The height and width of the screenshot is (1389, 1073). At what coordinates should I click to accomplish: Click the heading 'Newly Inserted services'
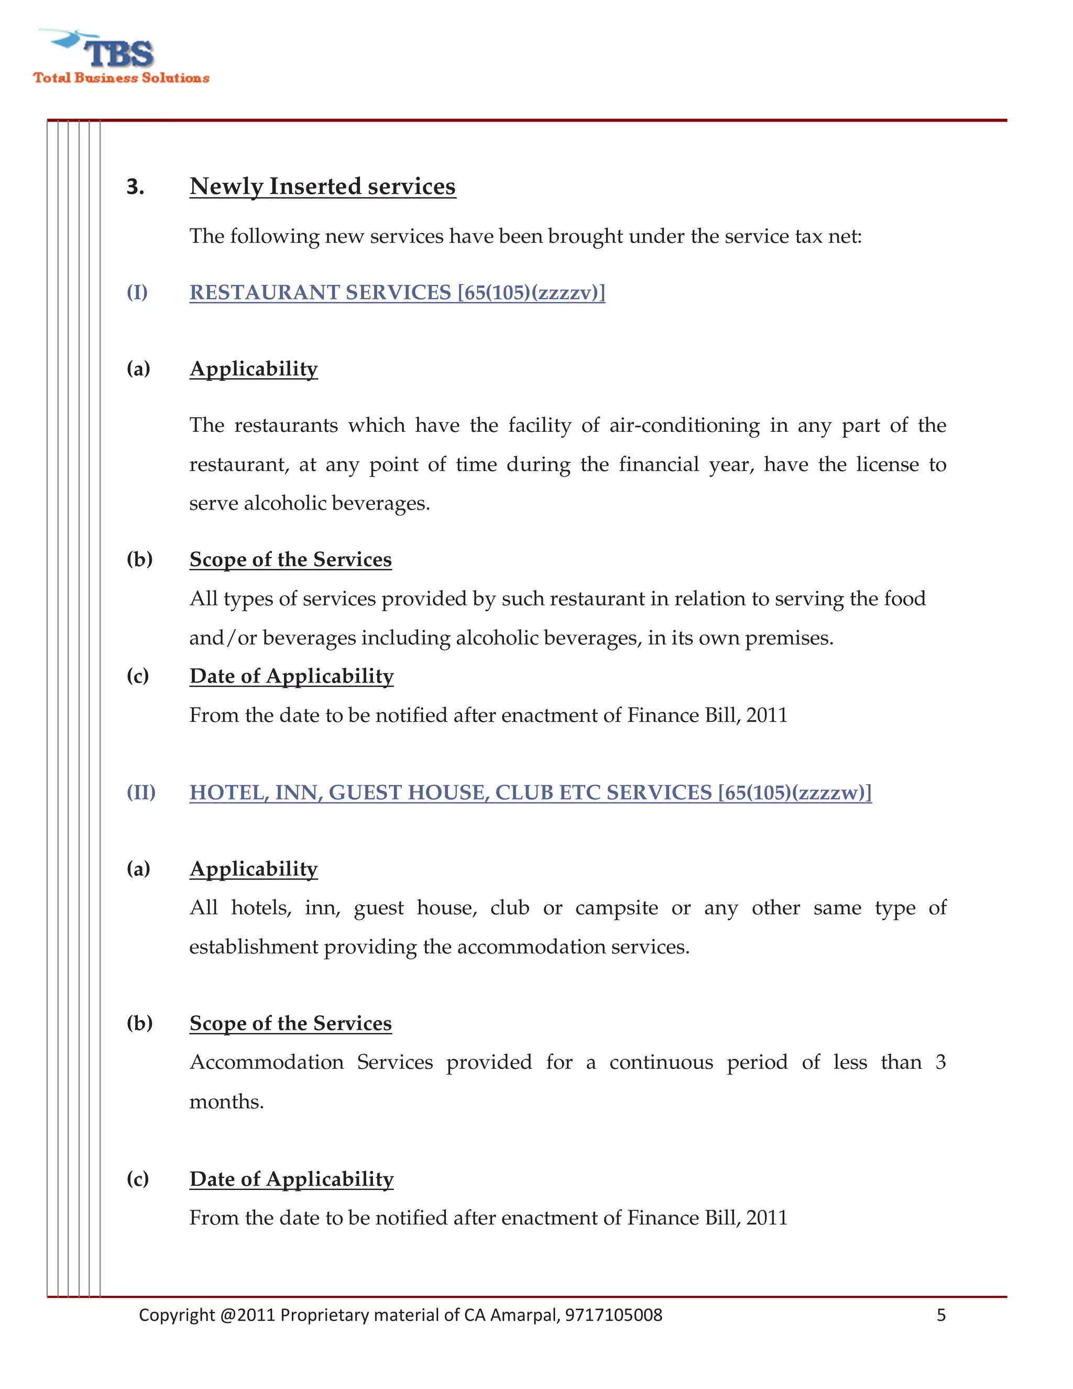tap(322, 187)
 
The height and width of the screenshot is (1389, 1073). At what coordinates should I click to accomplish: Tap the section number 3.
tap(135, 187)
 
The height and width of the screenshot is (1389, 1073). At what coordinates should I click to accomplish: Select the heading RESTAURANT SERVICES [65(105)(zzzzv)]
tap(397, 292)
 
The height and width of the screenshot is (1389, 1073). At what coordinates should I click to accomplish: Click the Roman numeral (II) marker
tap(140, 793)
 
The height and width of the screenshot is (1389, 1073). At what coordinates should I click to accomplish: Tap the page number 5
tap(941, 1315)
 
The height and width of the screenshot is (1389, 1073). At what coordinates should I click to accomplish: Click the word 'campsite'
tap(616, 907)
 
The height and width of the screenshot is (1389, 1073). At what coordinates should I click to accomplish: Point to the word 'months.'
tap(226, 1102)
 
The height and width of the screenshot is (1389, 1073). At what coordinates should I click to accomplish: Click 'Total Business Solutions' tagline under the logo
tap(122, 78)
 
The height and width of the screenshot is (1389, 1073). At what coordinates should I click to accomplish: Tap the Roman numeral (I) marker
tap(137, 292)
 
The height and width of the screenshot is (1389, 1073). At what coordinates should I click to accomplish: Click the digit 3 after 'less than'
tap(940, 1062)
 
